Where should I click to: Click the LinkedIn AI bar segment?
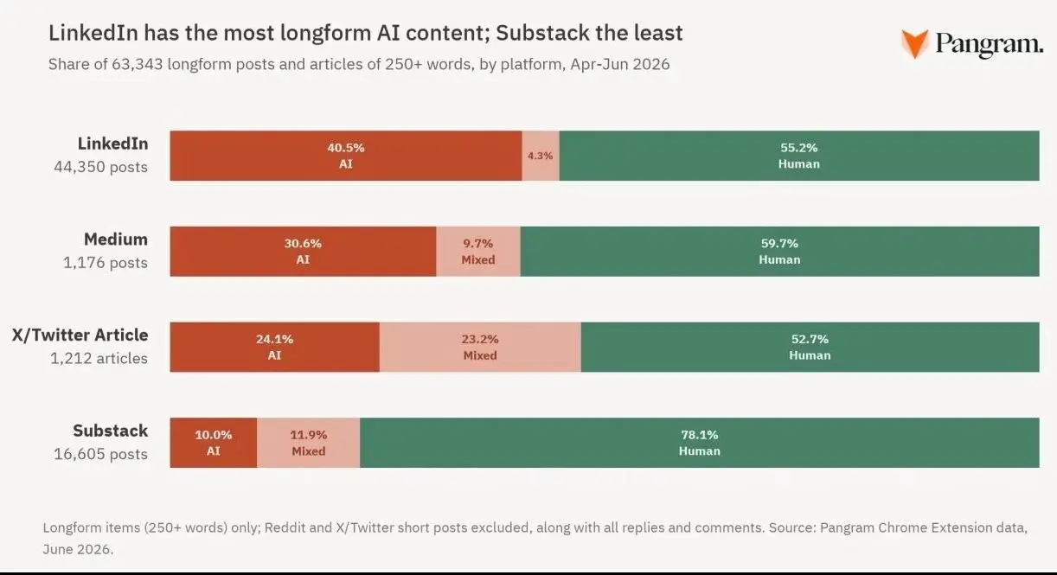point(346,156)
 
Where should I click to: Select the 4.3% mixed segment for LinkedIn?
point(541,156)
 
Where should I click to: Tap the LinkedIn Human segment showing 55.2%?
point(799,156)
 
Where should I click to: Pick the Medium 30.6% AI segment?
point(303,252)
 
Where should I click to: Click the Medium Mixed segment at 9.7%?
point(478,252)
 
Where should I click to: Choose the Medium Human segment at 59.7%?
point(780,252)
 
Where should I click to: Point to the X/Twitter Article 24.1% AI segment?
point(275,348)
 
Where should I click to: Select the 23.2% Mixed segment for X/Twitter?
point(480,348)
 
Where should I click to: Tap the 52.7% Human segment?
point(810,348)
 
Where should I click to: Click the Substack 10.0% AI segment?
point(214,443)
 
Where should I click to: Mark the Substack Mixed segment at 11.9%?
point(308,443)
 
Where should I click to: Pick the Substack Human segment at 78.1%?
point(699,443)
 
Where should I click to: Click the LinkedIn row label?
point(112,144)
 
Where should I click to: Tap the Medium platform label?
point(116,240)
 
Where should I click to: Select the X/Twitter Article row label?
point(80,335)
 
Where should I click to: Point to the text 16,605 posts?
point(100,454)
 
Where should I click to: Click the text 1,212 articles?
point(99,358)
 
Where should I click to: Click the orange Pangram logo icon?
point(915,44)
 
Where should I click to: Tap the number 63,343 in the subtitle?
point(137,64)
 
